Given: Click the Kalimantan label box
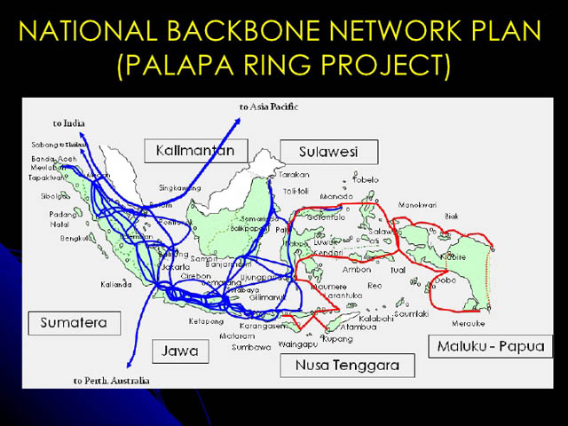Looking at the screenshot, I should tap(195, 150).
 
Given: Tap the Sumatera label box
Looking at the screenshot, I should tap(73, 322).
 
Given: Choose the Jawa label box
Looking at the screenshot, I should tap(180, 351).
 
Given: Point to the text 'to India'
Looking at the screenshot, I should tap(68, 123).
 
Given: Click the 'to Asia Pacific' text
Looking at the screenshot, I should tap(269, 106).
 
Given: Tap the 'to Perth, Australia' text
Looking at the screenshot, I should tap(112, 381).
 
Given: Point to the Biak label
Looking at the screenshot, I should tap(452, 216).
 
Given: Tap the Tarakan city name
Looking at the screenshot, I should tap(294, 175).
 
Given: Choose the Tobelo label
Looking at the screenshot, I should tap(366, 179).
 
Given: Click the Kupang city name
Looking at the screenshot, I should tap(339, 339).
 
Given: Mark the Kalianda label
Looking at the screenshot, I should tap(116, 284).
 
